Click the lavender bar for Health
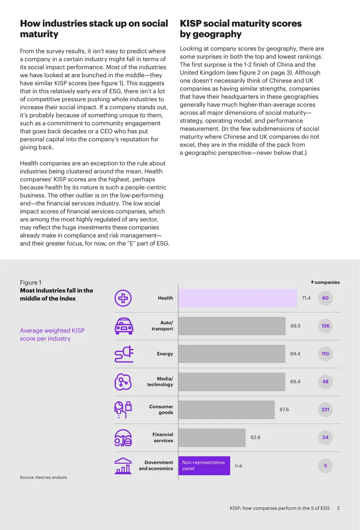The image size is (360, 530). [x=238, y=298]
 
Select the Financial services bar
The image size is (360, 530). [x=212, y=437]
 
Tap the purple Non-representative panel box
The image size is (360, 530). [x=204, y=466]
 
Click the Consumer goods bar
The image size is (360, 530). [x=226, y=410]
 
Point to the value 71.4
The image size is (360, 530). [x=306, y=298]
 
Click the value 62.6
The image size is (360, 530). [x=255, y=437]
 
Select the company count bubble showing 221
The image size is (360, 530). [x=325, y=409]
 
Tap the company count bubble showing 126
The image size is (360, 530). [x=325, y=326]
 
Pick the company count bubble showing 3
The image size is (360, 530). [x=325, y=466]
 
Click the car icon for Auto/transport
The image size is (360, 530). [x=124, y=326]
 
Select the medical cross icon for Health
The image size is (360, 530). [x=123, y=298]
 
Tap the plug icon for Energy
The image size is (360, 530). [x=124, y=354]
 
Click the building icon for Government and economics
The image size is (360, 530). [x=123, y=466]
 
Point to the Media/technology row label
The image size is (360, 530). [x=160, y=382]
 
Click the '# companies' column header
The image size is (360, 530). [x=325, y=282]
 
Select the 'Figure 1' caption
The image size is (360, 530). [x=31, y=282]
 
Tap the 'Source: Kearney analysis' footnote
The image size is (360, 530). [x=43, y=477]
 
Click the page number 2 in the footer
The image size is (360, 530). [x=338, y=508]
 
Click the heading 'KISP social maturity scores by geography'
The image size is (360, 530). [x=241, y=29]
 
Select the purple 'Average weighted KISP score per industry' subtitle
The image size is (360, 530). [x=52, y=334]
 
